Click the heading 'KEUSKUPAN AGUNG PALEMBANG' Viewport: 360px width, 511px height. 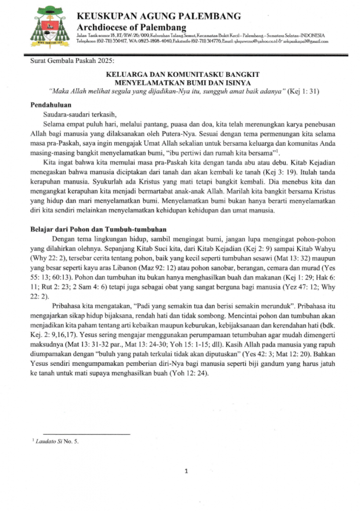[159, 16]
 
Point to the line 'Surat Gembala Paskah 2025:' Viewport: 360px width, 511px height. [71, 64]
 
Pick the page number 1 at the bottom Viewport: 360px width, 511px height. [185, 471]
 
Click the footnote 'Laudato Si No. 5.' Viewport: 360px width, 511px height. [57, 442]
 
